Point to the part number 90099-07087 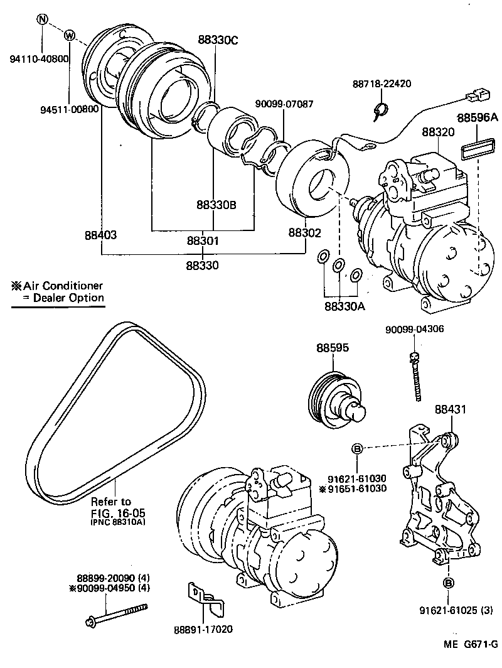click(284, 104)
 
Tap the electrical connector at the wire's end click(474, 96)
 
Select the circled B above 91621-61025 click(448, 581)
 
